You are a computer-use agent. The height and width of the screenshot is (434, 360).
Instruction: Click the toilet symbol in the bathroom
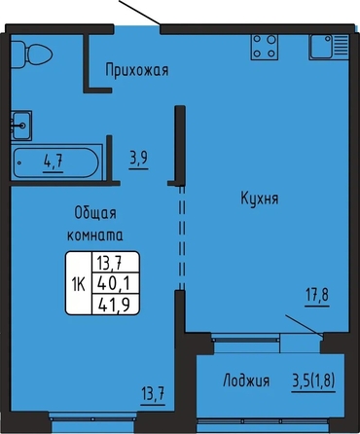click(x=31, y=54)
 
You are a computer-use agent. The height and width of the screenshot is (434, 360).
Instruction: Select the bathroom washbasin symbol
click(x=21, y=126)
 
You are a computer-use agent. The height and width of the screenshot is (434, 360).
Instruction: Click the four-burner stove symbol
click(x=265, y=47)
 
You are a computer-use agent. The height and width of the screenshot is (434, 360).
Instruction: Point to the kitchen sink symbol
click(x=329, y=47)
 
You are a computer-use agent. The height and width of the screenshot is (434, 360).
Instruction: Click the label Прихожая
click(x=137, y=70)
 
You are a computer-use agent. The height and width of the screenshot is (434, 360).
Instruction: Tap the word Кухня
click(x=260, y=198)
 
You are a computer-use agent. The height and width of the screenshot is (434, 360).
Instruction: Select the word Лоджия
click(x=246, y=380)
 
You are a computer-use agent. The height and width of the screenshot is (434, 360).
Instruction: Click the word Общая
click(x=95, y=213)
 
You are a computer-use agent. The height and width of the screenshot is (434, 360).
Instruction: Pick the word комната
click(x=95, y=235)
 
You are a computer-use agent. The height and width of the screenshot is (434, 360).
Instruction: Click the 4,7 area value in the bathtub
click(x=54, y=162)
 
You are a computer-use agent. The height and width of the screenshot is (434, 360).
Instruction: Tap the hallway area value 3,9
click(x=139, y=159)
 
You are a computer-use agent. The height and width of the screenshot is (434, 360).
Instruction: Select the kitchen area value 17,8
click(x=317, y=296)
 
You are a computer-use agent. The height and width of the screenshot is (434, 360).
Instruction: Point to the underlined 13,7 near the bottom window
click(x=153, y=395)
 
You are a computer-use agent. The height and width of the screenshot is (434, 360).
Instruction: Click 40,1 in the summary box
click(x=114, y=284)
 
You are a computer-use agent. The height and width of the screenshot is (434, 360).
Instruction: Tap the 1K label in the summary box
click(x=79, y=285)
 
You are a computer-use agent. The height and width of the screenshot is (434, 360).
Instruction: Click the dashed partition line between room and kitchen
click(x=182, y=237)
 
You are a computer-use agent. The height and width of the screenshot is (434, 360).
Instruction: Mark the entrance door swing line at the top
click(x=140, y=12)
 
